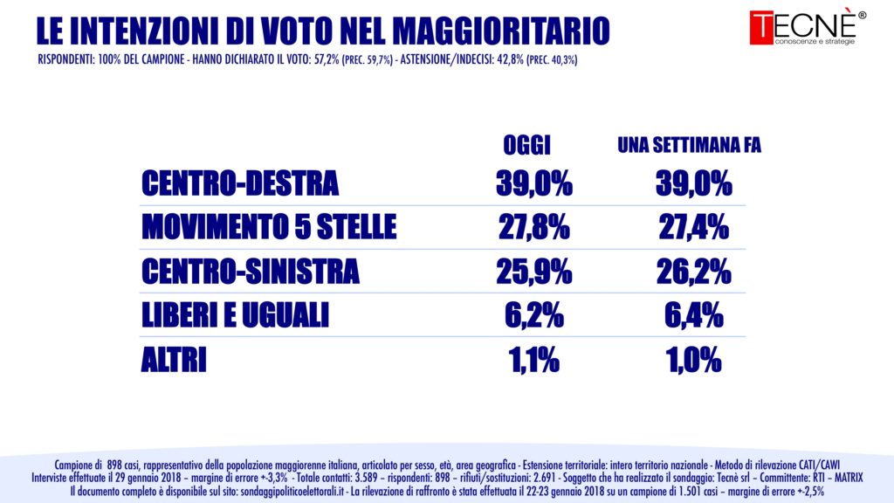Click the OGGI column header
pyautogui.click(x=529, y=145)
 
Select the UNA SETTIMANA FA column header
pyautogui.click(x=689, y=145)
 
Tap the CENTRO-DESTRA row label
pyautogui.click(x=240, y=184)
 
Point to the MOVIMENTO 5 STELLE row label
pyautogui.click(x=269, y=228)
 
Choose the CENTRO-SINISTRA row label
pyautogui.click(x=250, y=272)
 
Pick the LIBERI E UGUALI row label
pyautogui.click(x=235, y=315)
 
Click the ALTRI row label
pyautogui.click(x=174, y=359)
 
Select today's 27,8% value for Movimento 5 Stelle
pyautogui.click(x=533, y=228)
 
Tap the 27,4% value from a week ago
pyautogui.click(x=693, y=228)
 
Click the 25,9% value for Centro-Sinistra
pyautogui.click(x=533, y=272)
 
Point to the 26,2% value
pyautogui.click(x=693, y=272)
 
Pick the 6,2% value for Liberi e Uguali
pyautogui.click(x=533, y=315)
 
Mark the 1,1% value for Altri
pyautogui.click(x=533, y=359)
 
